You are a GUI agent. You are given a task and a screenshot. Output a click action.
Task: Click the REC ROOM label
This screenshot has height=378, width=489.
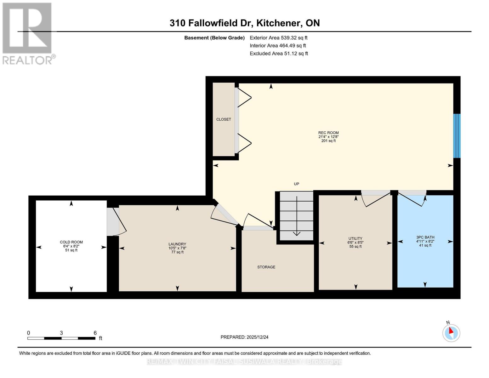click(328, 133)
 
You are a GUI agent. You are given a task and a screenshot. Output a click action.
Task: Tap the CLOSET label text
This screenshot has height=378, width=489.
click(224, 119)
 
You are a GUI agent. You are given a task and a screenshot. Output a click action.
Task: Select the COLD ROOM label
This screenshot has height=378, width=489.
click(71, 242)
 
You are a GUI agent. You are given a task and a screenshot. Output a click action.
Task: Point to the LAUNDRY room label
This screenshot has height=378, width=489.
click(177, 244)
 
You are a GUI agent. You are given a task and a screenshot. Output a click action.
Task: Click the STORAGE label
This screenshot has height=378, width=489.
click(266, 267)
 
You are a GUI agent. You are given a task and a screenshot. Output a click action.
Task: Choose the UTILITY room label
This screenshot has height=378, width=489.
click(355, 238)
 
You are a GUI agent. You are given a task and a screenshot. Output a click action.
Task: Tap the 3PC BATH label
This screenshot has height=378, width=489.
click(425, 237)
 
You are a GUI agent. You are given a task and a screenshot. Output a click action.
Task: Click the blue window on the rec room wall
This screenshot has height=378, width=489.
click(457, 136)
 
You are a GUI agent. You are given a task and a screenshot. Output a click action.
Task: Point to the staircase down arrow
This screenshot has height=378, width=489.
click(297, 216)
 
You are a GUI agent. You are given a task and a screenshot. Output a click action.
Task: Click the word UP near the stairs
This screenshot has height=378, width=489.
click(296, 184)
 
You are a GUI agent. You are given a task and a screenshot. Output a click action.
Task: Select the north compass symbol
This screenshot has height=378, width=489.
click(451, 333)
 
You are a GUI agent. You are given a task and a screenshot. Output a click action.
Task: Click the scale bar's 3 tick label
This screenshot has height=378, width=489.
click(61, 333)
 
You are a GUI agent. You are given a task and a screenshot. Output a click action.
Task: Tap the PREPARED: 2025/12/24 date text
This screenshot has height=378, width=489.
click(244, 337)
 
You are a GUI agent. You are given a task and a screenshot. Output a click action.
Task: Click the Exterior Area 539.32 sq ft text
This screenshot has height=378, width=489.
click(279, 38)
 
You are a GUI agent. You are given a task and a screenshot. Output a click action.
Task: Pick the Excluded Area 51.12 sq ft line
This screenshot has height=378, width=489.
click(279, 54)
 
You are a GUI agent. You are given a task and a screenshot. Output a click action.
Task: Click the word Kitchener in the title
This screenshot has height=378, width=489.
click(279, 23)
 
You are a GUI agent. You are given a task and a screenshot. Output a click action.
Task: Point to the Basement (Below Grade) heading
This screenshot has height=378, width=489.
click(214, 38)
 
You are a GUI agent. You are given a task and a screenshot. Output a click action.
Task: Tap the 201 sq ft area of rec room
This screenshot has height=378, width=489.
click(328, 141)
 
